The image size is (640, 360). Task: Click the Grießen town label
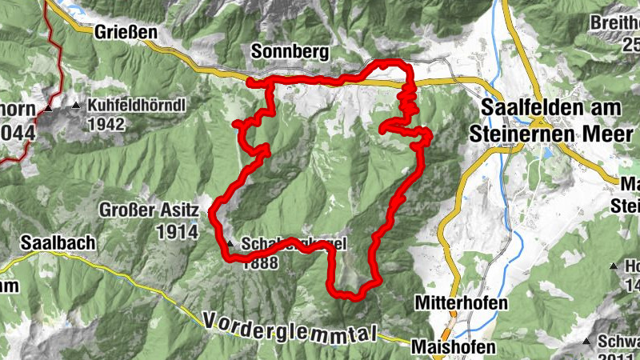[x=126, y=33]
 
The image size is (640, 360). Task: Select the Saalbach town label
[x=58, y=242]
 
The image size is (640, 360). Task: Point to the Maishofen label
[x=454, y=347]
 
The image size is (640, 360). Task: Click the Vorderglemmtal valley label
[x=289, y=328]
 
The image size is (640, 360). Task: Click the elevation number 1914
[x=178, y=231]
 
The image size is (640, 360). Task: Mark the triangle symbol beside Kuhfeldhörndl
[x=77, y=106]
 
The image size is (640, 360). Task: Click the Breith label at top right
[x=617, y=23]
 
